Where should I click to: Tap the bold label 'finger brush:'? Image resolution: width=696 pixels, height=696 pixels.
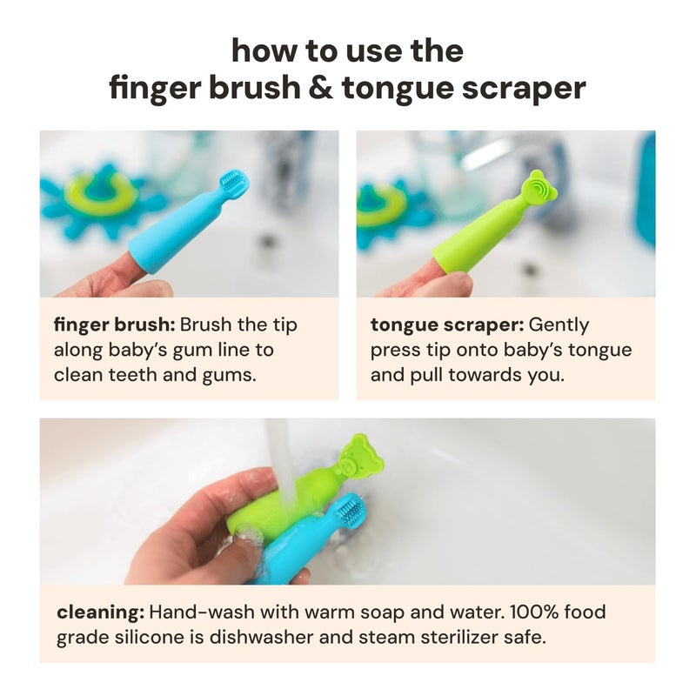[x=114, y=325]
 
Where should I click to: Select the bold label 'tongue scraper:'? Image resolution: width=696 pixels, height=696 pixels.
[x=445, y=325]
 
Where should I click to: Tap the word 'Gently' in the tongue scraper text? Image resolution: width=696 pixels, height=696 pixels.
[x=559, y=325]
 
